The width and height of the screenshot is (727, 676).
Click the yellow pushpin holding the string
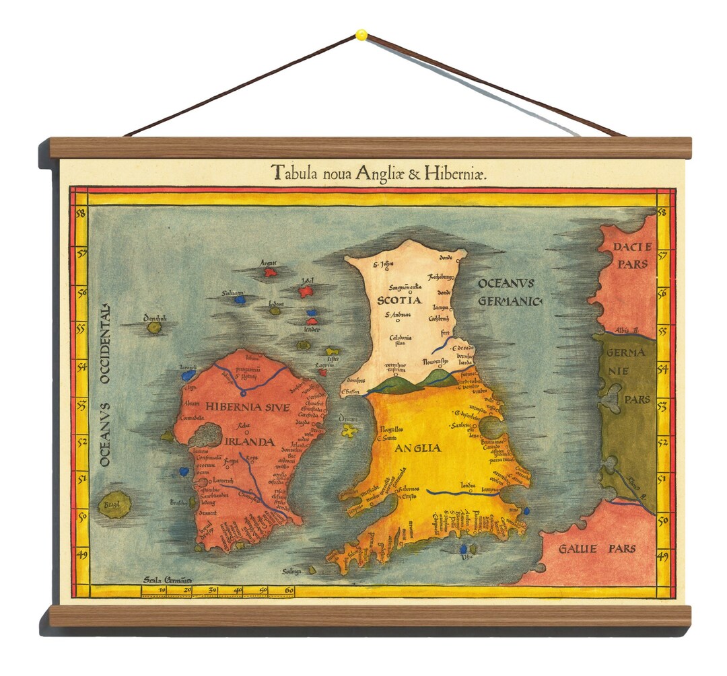pyautogui.click(x=361, y=34)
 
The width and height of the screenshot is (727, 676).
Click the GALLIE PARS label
pyautogui.click(x=597, y=549)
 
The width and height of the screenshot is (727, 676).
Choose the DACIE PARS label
pyautogui.click(x=630, y=256)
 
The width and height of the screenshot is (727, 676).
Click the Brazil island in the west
pyautogui.click(x=115, y=506)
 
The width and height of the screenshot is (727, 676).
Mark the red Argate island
pyautogui.click(x=270, y=272)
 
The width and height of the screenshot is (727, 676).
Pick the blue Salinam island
pyautogui.click(x=240, y=300)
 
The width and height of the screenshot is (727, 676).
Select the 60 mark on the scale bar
pyautogui.click(x=288, y=591)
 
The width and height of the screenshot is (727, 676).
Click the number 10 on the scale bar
pyautogui.click(x=162, y=591)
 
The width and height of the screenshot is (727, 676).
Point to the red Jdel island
pyautogui.click(x=307, y=291)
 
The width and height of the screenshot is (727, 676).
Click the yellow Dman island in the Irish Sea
pyautogui.click(x=349, y=431)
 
